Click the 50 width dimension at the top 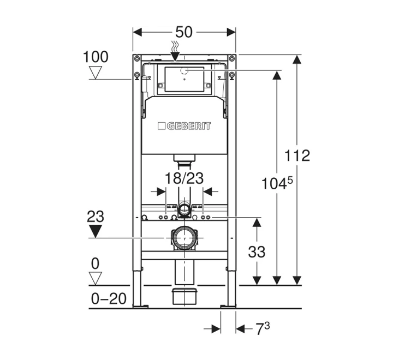pyautogui.click(x=184, y=32)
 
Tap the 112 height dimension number pyautogui.click(x=297, y=156)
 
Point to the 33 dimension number pyautogui.click(x=257, y=253)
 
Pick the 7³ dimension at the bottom pyautogui.click(x=263, y=329)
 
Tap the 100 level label pyautogui.click(x=96, y=57)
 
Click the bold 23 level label pyautogui.click(x=96, y=217)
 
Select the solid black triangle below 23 pyautogui.click(x=96, y=232)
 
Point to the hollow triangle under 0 pyautogui.click(x=96, y=279)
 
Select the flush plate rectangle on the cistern pyautogui.click(x=184, y=79)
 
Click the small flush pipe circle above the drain pyautogui.click(x=184, y=208)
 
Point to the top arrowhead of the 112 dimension pyautogui.click(x=297, y=59)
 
